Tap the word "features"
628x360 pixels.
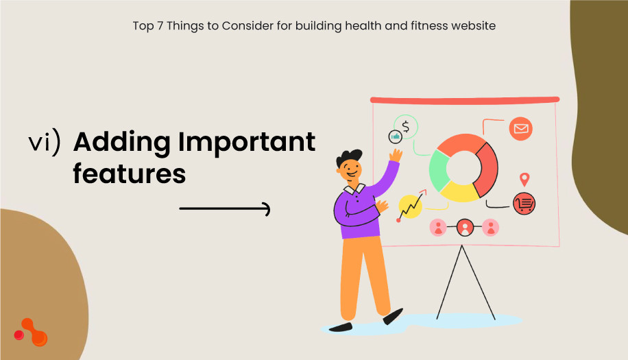[130, 173]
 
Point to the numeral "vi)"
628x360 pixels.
[45, 142]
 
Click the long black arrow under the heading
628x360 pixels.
[225, 209]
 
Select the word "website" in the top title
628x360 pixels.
[473, 26]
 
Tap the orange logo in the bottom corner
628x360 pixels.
[31, 333]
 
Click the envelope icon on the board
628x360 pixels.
[521, 129]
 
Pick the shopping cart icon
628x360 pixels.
[524, 202]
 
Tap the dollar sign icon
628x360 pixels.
[406, 126]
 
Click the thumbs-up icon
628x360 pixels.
[395, 137]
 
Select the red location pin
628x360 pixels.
[524, 180]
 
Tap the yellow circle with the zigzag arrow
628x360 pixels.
[410, 206]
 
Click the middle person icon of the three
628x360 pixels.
[465, 227]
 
